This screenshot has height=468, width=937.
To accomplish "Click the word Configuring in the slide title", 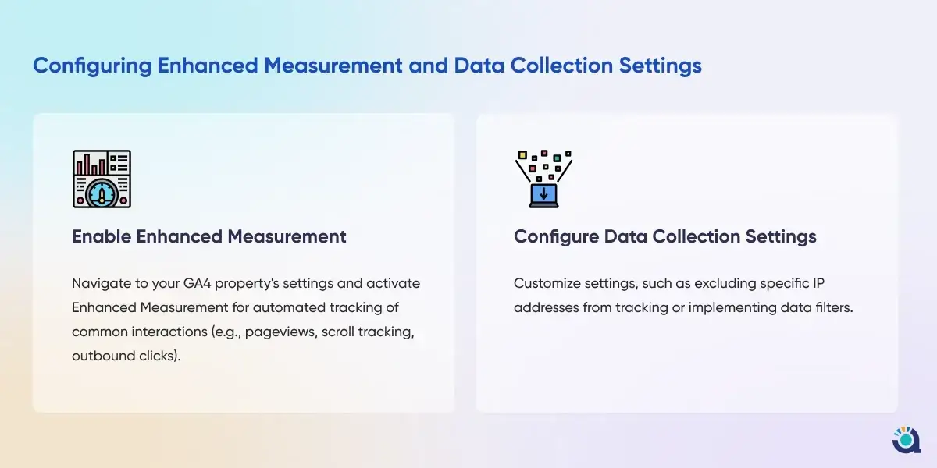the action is (92, 66).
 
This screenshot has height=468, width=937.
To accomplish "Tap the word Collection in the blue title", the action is (561, 66).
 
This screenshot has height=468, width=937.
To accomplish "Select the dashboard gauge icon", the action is (102, 179).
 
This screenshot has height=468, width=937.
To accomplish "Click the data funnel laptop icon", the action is (543, 179).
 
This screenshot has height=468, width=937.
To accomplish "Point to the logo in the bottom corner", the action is (907, 440).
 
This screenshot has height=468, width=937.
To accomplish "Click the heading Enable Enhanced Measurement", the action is (209, 236).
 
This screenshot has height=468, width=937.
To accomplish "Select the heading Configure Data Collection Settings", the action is (665, 236).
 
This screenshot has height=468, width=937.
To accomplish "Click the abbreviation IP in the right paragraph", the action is (818, 283).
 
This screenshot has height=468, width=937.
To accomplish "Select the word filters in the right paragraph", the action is (834, 307).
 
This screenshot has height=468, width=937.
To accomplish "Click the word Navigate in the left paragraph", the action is (102, 284).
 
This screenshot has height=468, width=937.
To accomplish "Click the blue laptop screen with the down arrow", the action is (543, 194).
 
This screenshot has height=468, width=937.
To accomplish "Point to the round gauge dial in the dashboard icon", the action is (102, 194).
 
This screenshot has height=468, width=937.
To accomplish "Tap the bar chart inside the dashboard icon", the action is (91, 165).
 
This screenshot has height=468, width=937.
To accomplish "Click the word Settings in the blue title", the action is (660, 66).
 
